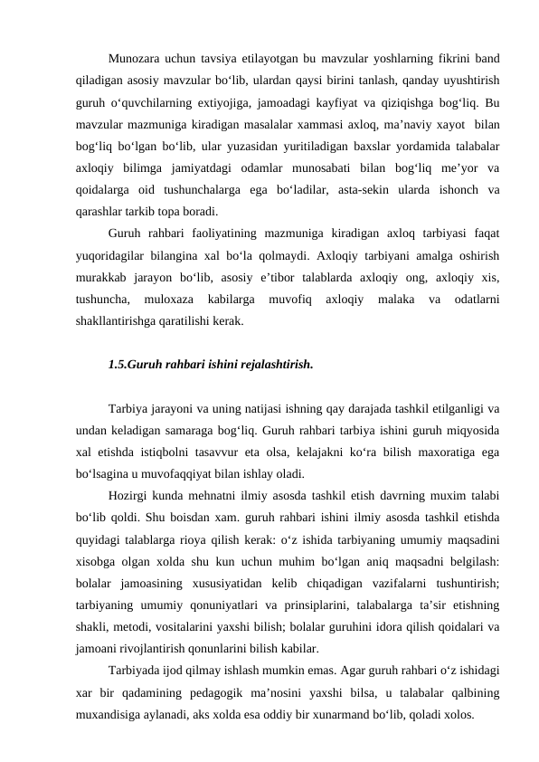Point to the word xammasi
coord(269,118)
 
